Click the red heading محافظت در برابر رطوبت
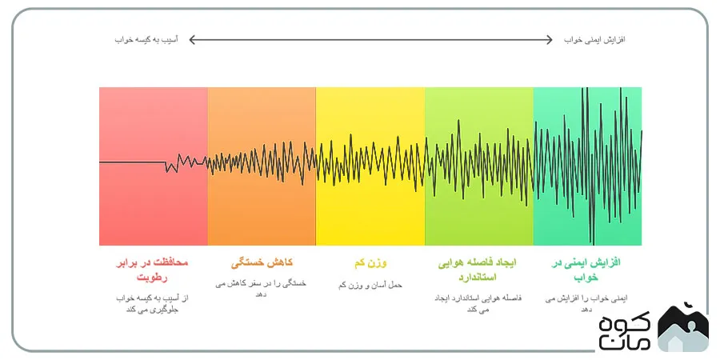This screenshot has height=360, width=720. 152,270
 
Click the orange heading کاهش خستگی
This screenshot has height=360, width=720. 262,263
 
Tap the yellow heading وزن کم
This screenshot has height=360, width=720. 370,263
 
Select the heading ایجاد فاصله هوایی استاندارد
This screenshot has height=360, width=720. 478,270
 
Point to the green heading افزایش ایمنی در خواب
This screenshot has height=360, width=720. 586,270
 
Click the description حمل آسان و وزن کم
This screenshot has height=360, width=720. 370,285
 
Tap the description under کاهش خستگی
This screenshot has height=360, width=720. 261,289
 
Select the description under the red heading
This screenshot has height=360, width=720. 152,304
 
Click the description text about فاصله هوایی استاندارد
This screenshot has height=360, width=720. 478,304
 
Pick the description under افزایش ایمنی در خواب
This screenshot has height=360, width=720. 586,304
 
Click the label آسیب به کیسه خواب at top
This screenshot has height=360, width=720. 146,40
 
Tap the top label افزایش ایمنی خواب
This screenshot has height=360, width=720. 594,40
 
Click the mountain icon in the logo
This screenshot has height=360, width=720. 683,327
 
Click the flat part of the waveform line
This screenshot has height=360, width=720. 132,162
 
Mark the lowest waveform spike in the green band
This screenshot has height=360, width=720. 592,243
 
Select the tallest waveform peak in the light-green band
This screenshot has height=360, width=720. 458,121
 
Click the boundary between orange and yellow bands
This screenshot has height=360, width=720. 316,166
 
